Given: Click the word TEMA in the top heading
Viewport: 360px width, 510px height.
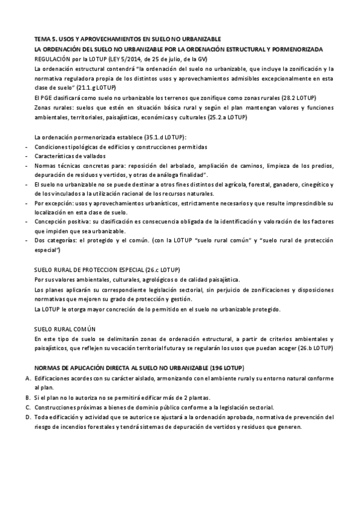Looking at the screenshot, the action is [x=43, y=38].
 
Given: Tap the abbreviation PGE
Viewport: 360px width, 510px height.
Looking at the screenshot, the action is [x=47, y=97].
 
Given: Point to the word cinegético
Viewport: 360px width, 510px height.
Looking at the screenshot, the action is [x=315, y=185].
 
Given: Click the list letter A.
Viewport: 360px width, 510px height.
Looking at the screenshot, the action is [x=28, y=378].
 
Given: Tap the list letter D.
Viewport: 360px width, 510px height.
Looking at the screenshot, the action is [x=28, y=417].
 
